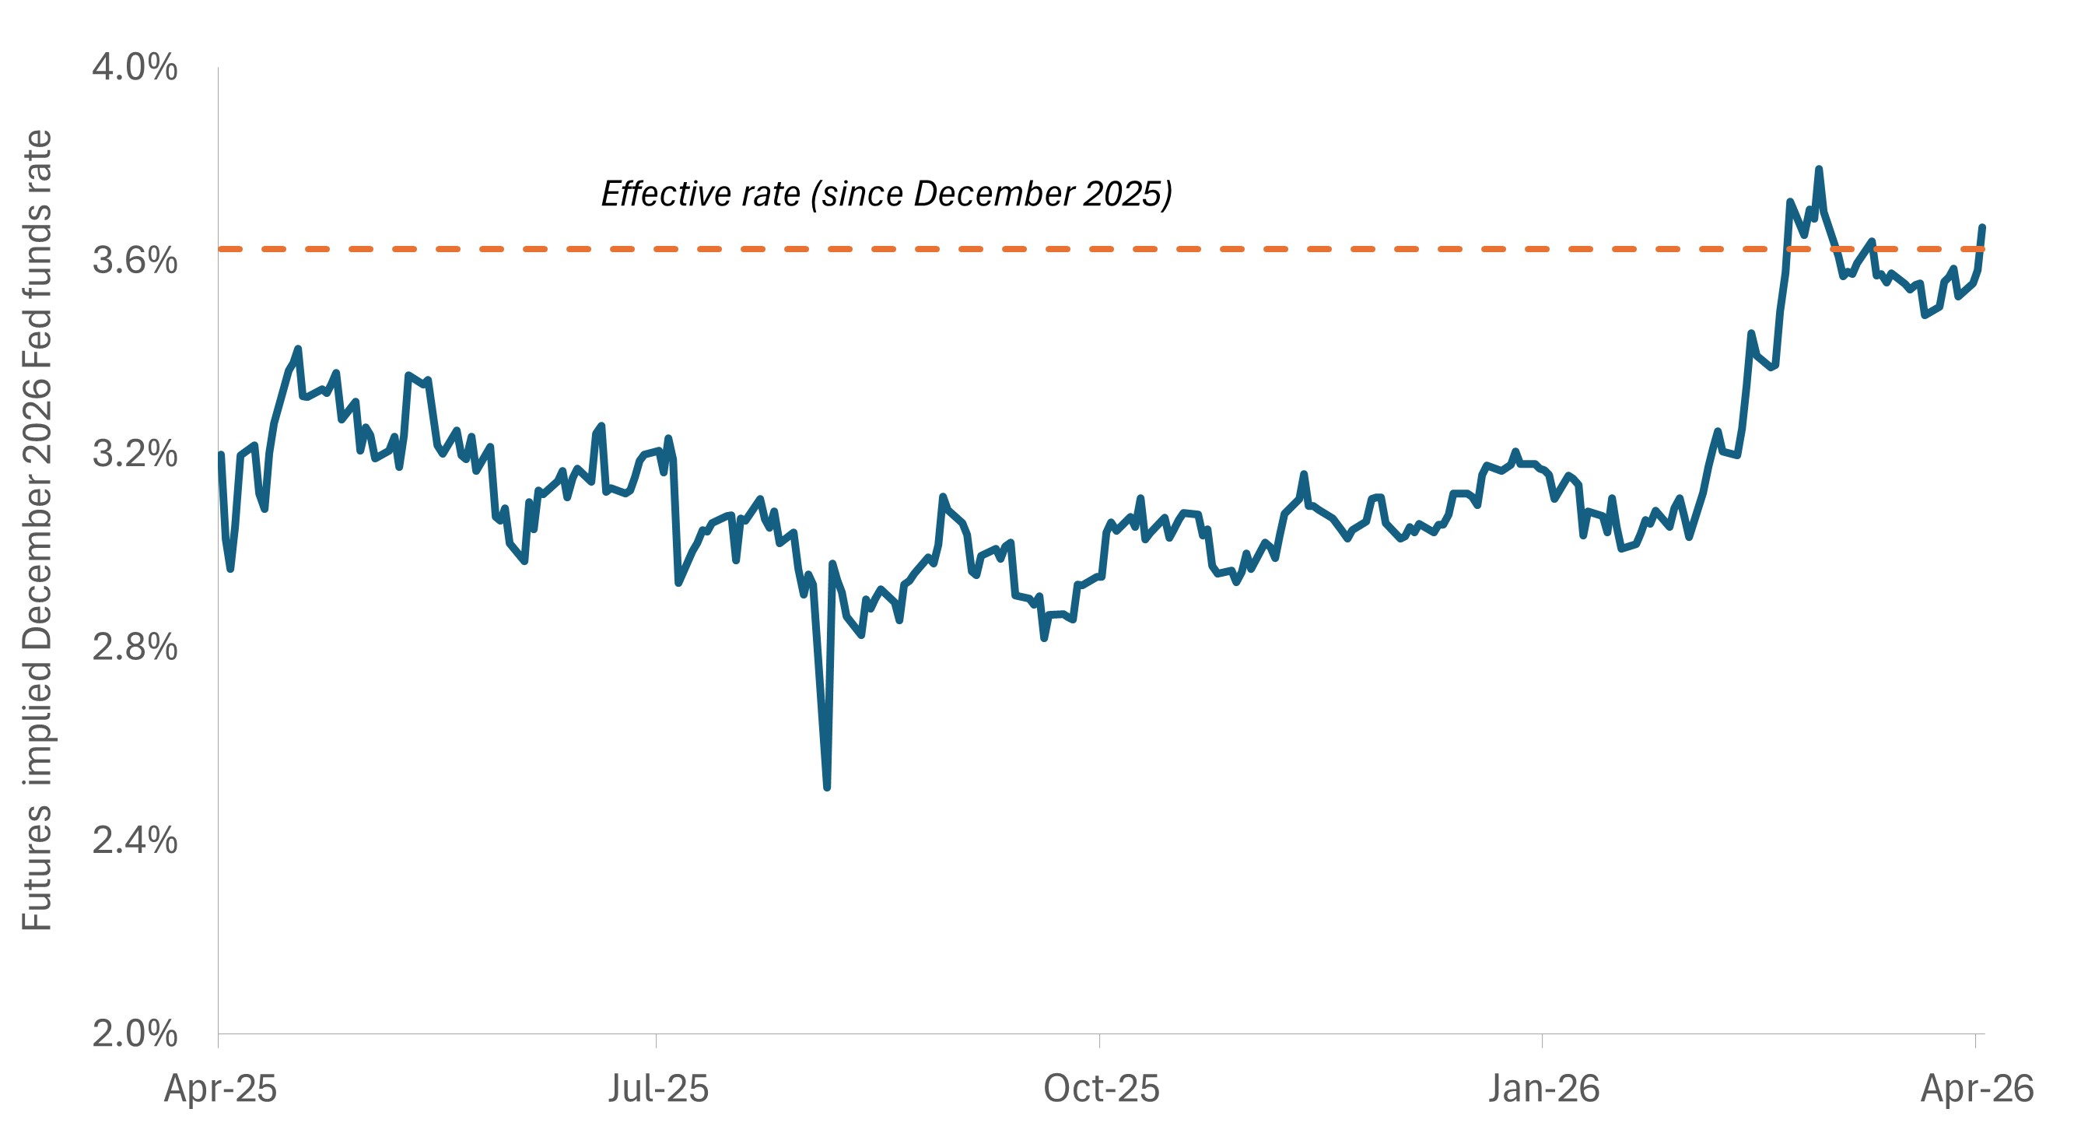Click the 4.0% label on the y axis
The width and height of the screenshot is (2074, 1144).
pyautogui.click(x=135, y=67)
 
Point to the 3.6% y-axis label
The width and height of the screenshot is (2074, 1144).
pyautogui.click(x=135, y=260)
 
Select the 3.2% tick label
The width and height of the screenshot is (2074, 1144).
pyautogui.click(x=135, y=454)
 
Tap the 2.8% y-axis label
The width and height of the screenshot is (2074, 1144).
pyautogui.click(x=135, y=647)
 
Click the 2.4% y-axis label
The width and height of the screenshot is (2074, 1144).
pyautogui.click(x=135, y=840)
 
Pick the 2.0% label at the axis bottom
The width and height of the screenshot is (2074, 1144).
pyautogui.click(x=135, y=1033)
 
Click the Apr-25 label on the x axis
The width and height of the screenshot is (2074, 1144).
pyautogui.click(x=220, y=1090)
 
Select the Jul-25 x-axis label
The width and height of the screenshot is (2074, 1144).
pyautogui.click(x=658, y=1090)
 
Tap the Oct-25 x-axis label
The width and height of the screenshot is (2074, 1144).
pyautogui.click(x=1101, y=1090)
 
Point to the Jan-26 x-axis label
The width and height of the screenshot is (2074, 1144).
pyautogui.click(x=1543, y=1090)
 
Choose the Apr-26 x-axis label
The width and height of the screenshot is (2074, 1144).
pyautogui.click(x=1977, y=1090)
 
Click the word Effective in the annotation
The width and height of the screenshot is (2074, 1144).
pyautogui.click(x=660, y=194)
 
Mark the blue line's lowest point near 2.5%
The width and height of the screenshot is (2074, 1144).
pyautogui.click(x=827, y=787)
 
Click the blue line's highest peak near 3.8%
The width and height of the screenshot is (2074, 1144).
pyautogui.click(x=1818, y=169)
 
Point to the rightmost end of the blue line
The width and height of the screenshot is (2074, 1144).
pyautogui.click(x=1982, y=227)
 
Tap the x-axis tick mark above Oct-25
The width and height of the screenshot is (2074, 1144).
pyautogui.click(x=1099, y=1040)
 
